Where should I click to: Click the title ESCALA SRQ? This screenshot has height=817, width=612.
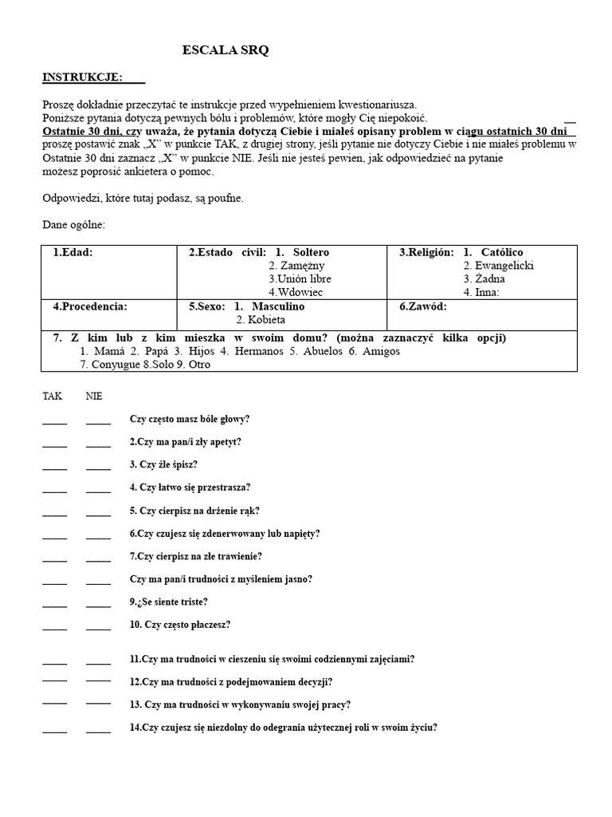coord(226,50)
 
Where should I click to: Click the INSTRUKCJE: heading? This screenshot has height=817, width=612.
coord(83,77)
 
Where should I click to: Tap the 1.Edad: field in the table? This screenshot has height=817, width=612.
coord(73,252)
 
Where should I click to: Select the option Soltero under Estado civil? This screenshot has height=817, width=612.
coord(310,252)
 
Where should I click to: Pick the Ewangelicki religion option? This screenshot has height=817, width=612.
coord(504,266)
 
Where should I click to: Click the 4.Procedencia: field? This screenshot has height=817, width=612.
coord(90,306)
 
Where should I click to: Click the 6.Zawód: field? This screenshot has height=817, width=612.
coord(423,306)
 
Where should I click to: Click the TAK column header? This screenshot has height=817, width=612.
coord(52,396)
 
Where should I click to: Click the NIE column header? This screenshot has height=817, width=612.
coord(94,396)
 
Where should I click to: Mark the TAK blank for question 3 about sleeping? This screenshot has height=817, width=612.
coord(55,468)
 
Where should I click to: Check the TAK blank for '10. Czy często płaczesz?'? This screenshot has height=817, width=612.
coord(55,629)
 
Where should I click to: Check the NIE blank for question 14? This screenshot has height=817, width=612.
coord(98,731)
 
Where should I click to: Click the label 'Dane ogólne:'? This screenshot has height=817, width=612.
coord(73,225)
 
